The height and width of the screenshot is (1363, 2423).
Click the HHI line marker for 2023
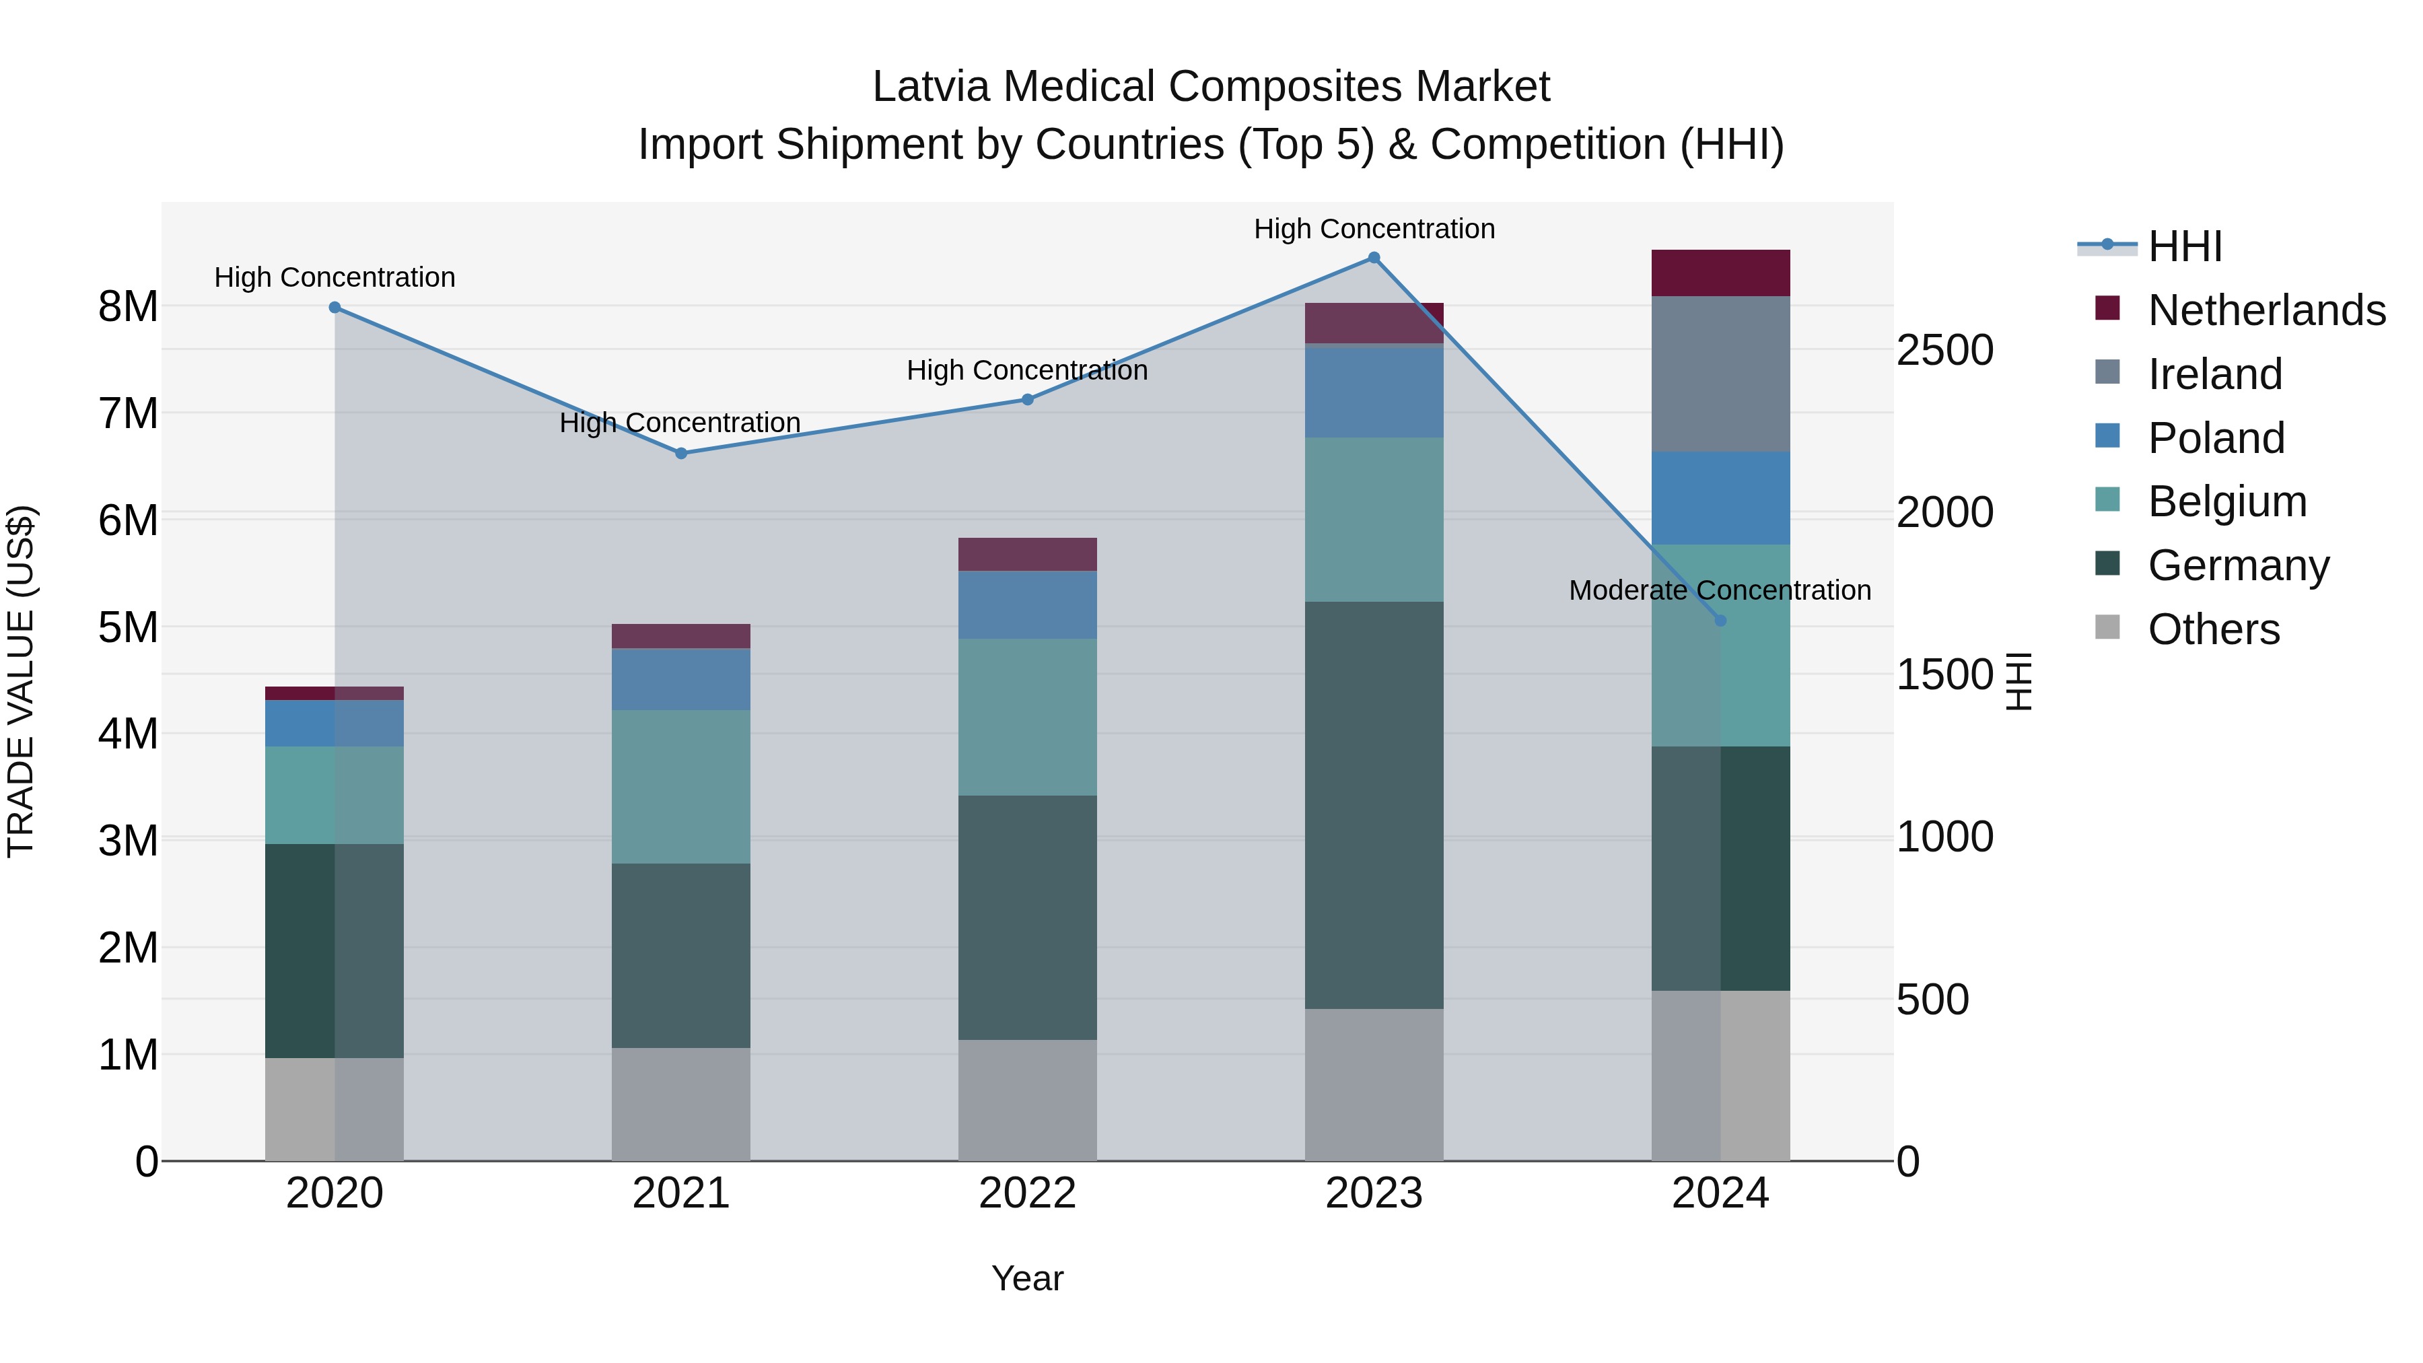tap(1373, 258)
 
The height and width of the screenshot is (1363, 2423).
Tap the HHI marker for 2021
tap(681, 454)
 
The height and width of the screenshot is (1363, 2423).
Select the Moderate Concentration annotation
tap(1720, 591)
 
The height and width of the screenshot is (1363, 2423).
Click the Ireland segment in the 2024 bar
tap(1720, 374)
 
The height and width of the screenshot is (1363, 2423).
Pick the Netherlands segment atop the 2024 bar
tap(1720, 273)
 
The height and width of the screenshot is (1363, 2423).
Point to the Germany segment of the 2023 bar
tap(1373, 805)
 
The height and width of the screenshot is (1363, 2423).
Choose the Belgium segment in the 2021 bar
tap(681, 786)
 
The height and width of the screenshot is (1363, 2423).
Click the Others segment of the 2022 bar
tap(1027, 1100)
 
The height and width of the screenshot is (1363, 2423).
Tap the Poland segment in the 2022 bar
tap(1027, 605)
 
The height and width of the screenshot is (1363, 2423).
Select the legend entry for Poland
tap(2215, 438)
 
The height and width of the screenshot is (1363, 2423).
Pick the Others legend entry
tap(2213, 629)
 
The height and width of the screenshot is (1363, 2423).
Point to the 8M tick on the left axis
tap(128, 307)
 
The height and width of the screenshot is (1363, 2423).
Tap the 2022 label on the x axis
tap(1027, 1193)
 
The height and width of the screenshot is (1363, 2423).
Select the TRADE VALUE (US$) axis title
tap(21, 681)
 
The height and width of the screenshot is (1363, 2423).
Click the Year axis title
tap(1027, 1278)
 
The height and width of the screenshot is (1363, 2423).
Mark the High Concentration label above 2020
tap(335, 277)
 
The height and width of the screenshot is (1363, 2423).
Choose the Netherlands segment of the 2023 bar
tap(1373, 324)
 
